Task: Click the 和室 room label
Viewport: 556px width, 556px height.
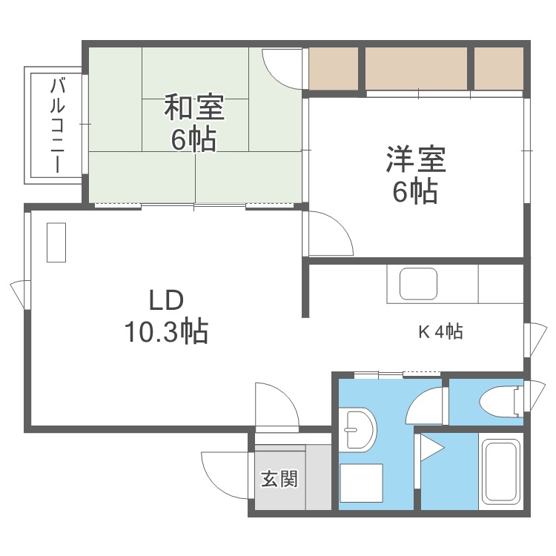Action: [x=193, y=108]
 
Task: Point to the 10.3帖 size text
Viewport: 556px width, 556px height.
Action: [x=165, y=331]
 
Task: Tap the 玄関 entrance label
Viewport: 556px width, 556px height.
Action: [x=279, y=479]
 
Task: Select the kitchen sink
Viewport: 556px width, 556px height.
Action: [x=418, y=283]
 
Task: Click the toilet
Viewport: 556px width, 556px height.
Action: [x=497, y=402]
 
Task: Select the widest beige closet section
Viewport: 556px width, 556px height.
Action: [x=416, y=69]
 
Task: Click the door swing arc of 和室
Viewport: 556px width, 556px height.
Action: [x=282, y=68]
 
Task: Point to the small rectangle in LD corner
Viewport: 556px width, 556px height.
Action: [x=56, y=242]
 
